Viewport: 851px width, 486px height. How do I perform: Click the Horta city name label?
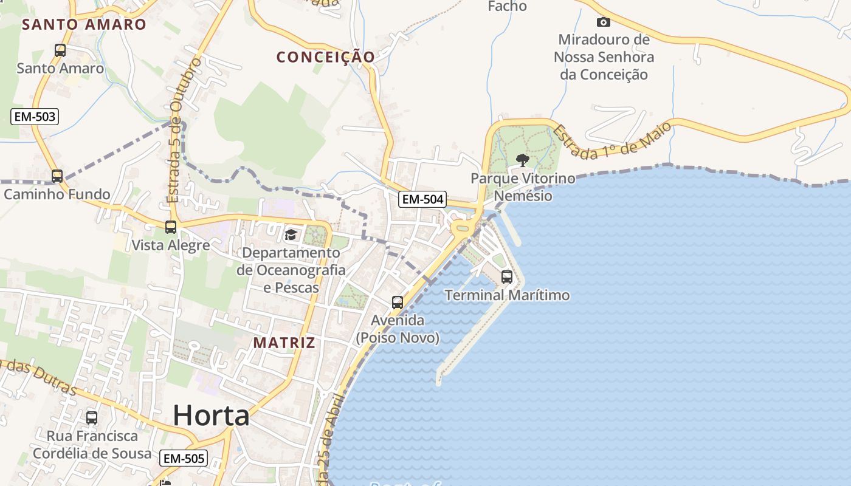tap(211, 416)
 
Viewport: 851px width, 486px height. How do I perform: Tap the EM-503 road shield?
tap(35, 117)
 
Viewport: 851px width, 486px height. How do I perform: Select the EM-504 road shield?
tap(422, 199)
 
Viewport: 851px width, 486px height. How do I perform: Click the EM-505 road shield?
tap(184, 458)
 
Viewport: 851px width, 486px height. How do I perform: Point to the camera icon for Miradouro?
tap(603, 22)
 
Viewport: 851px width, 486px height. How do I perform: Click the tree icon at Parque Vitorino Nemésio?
tap(522, 160)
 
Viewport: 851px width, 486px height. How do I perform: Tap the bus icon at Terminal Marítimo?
tap(507, 277)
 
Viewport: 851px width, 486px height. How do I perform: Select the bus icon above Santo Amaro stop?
tap(60, 50)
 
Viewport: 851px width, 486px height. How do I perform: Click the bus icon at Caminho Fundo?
tap(57, 176)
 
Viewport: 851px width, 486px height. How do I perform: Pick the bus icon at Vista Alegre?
tap(171, 227)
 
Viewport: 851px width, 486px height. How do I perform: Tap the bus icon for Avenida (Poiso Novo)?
tap(398, 302)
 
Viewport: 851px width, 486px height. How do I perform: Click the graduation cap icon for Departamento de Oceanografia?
tap(291, 234)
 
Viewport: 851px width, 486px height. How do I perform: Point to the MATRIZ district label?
tap(284, 343)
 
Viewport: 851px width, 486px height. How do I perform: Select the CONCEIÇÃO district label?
tap(326, 57)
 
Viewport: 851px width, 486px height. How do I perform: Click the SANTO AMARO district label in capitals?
tap(84, 24)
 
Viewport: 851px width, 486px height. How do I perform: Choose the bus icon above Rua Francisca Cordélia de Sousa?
tap(92, 418)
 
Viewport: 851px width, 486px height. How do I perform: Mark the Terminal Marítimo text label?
tap(508, 295)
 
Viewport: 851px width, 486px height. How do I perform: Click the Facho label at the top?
tap(507, 7)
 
